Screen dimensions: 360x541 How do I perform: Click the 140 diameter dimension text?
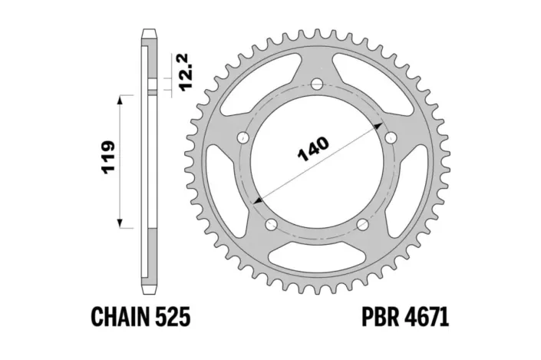pyautogui.click(x=314, y=150)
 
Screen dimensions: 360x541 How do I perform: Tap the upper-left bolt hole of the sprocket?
pyautogui.click(x=243, y=138)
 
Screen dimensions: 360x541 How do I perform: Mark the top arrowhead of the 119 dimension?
pyautogui.click(x=120, y=98)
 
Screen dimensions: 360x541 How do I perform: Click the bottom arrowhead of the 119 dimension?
pyautogui.click(x=120, y=223)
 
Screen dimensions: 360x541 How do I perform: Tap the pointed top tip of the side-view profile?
pyautogui.click(x=150, y=32)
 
